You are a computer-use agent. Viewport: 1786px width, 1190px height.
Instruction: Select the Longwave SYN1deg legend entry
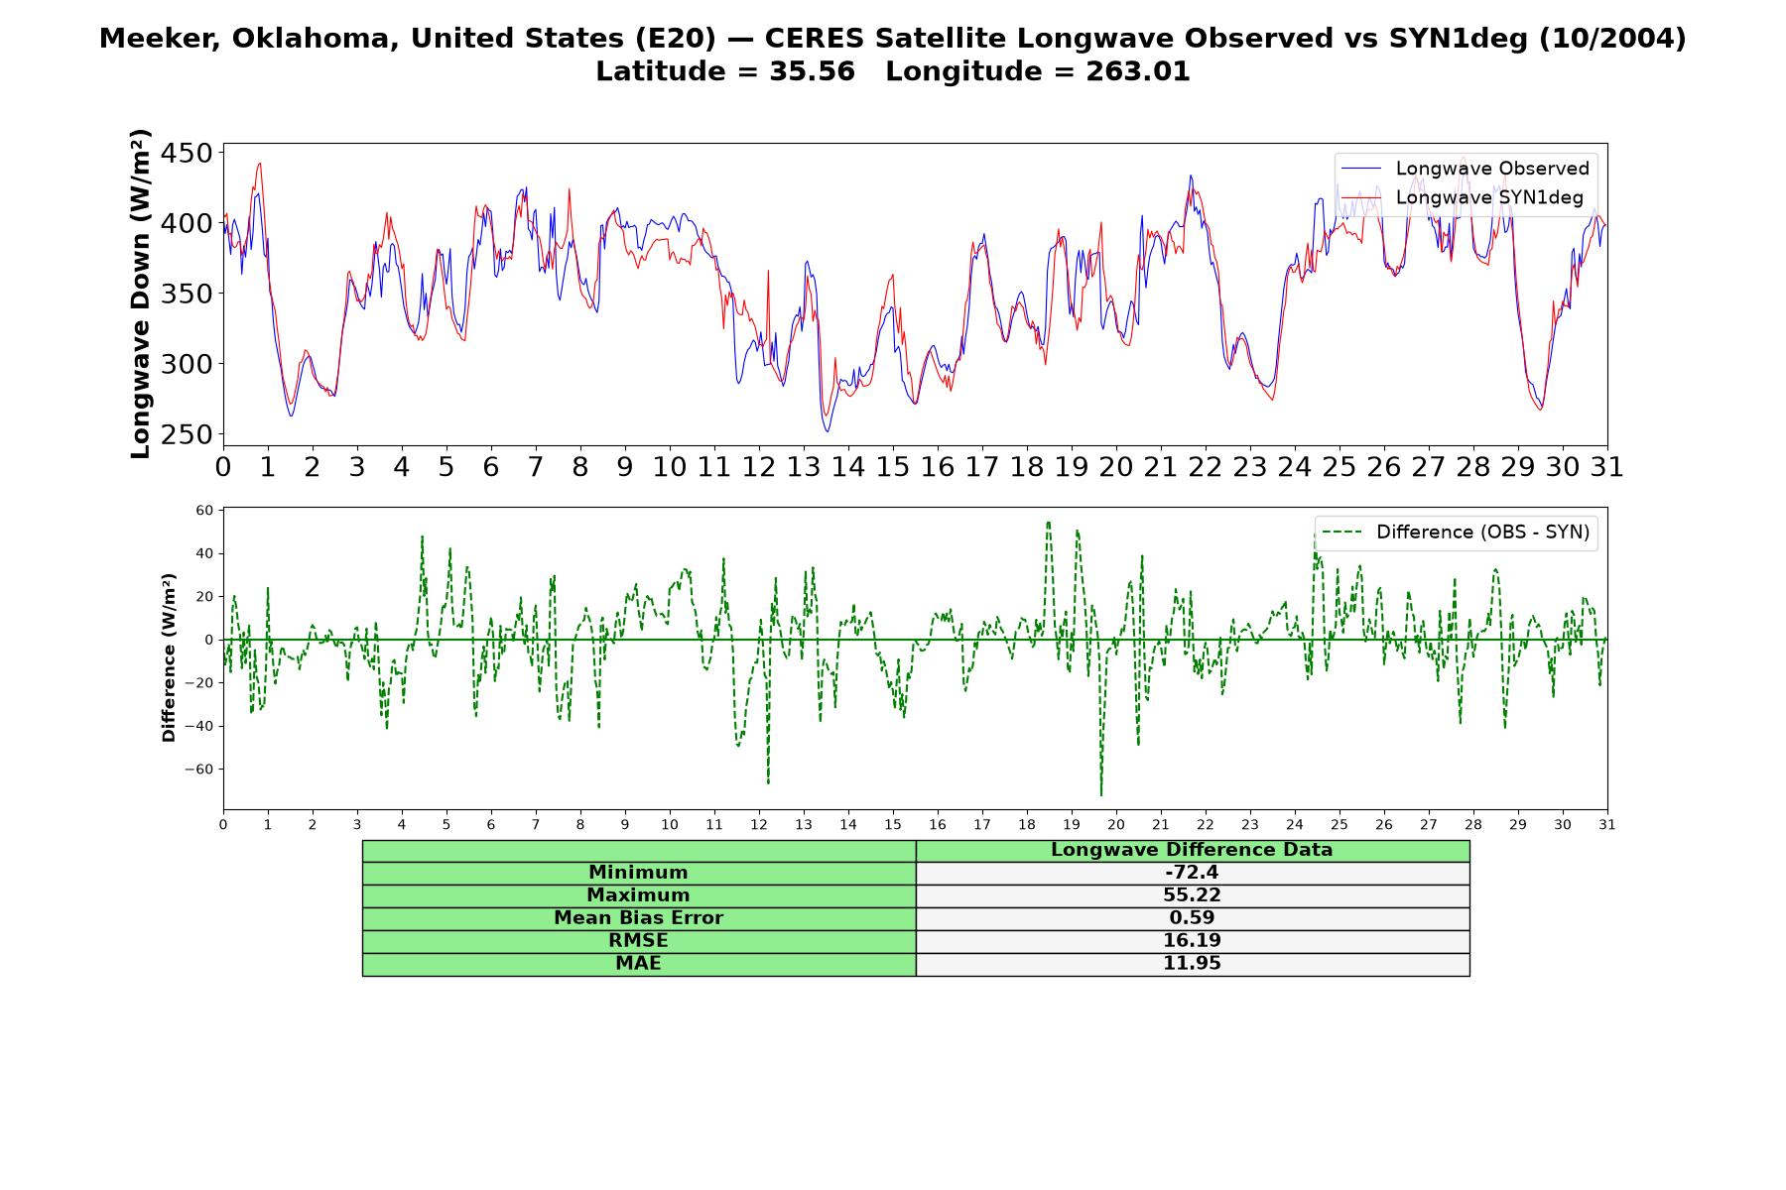[x=1463, y=197]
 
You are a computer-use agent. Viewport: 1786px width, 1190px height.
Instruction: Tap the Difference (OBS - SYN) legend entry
[x=1456, y=533]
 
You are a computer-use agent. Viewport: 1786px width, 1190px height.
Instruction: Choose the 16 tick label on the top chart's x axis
[x=938, y=467]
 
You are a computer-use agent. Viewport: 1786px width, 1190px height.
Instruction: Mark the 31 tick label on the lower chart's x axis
[x=1607, y=825]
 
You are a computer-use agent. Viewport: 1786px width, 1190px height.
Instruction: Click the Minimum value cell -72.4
[x=1192, y=873]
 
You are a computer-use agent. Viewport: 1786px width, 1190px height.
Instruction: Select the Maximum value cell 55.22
[x=1192, y=895]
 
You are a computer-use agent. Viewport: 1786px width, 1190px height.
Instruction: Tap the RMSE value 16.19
[x=1192, y=941]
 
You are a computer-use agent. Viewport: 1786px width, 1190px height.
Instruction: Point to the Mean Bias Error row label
[x=638, y=918]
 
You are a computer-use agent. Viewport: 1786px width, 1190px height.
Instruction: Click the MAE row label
[x=638, y=964]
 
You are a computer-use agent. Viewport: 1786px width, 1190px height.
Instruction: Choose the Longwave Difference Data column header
[x=1192, y=850]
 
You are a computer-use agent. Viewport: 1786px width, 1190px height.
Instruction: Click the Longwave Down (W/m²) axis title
[x=140, y=294]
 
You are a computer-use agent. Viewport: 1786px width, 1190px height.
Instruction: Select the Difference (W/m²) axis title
[x=169, y=657]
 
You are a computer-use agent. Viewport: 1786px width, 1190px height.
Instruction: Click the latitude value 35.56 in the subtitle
[x=812, y=71]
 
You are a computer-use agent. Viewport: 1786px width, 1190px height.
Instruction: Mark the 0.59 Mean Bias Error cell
[x=1192, y=918]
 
